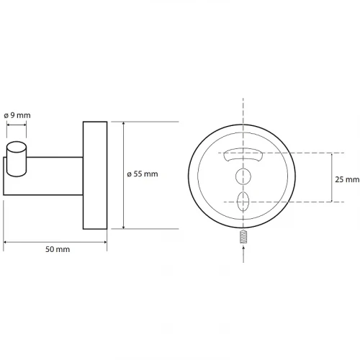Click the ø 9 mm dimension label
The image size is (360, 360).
17,115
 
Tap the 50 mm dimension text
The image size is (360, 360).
58,249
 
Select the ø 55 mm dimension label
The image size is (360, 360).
143,174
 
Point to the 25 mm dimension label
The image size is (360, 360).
347,179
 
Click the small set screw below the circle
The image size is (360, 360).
243,237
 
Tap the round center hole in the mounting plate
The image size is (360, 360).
243,176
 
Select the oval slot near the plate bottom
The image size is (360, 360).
243,202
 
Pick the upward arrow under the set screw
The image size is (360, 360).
243,254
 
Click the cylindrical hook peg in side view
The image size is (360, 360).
17,159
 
